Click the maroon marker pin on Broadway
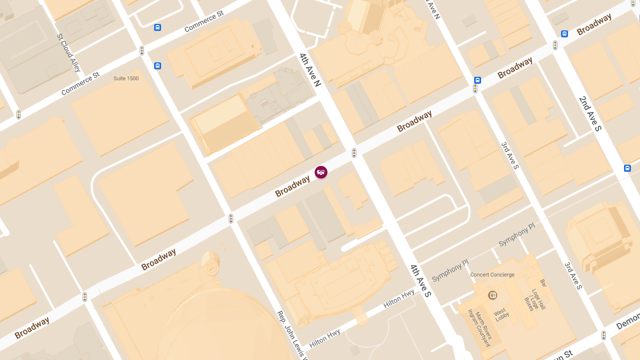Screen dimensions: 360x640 point(321,172)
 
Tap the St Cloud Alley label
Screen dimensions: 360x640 point(69,53)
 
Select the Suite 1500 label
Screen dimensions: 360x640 point(126,78)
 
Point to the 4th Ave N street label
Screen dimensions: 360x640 point(310,70)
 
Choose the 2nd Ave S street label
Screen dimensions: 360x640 point(590,113)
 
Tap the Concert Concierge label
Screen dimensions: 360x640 point(492,275)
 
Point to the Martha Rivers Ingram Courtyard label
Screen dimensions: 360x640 point(479,328)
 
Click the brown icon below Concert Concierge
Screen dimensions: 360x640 point(492,295)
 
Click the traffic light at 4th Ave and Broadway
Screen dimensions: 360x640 point(354,153)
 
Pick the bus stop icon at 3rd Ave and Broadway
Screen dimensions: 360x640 point(477,81)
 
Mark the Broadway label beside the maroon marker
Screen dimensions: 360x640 point(293,186)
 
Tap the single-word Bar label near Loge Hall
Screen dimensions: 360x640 point(543,282)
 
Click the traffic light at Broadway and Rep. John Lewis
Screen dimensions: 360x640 point(231,218)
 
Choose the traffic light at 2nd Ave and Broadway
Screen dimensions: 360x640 point(555,45)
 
